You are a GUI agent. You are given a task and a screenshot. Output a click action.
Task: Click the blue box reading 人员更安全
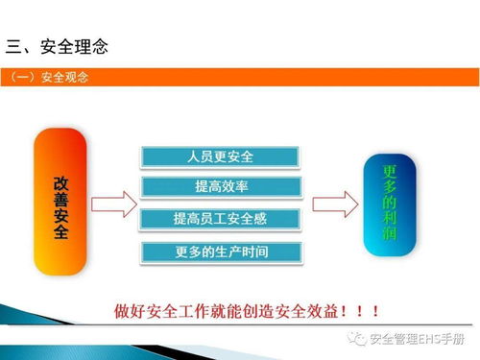click(221, 156)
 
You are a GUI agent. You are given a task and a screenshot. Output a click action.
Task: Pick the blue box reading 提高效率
click(221, 187)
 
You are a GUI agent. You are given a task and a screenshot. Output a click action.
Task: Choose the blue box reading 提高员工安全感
click(221, 219)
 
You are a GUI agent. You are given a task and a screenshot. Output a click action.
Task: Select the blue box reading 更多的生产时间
click(221, 252)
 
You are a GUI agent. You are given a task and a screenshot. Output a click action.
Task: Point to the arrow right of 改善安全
click(113, 204)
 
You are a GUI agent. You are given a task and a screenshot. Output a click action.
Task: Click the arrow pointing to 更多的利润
click(334, 204)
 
